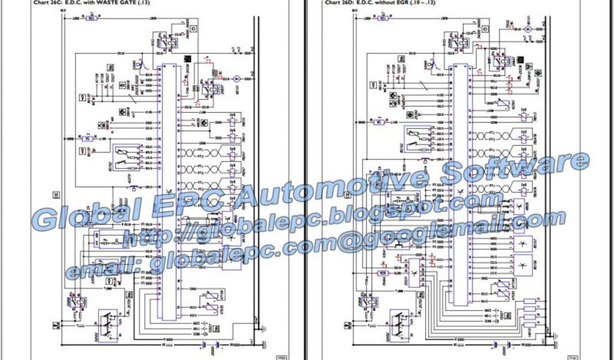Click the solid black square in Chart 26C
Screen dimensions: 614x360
point(187,58)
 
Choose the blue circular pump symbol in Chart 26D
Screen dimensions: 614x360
point(528,29)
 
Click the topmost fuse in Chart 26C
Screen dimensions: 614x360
point(91,19)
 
